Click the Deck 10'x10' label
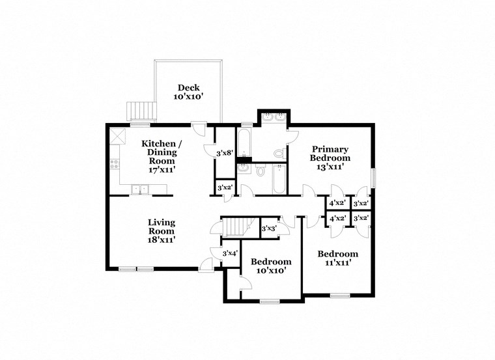(189, 92)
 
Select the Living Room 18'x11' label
(161, 231)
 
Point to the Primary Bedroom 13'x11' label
(330, 158)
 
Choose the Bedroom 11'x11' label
(337, 258)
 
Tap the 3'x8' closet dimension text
(224, 154)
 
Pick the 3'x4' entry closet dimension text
(230, 253)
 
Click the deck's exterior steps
(142, 111)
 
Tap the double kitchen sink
(139, 190)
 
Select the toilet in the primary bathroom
(279, 154)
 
